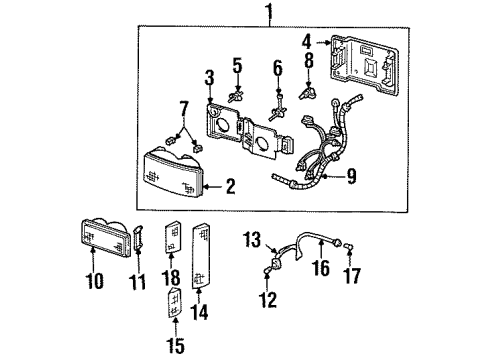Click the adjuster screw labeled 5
(x=238, y=97)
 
